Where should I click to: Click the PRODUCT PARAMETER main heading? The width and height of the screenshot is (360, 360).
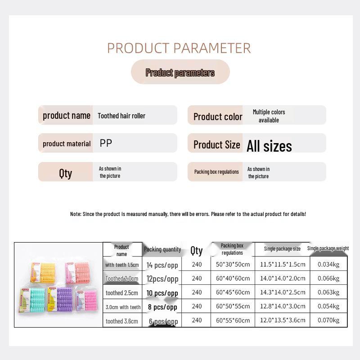point(179,48)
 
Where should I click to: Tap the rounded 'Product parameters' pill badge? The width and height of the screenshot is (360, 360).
point(180,72)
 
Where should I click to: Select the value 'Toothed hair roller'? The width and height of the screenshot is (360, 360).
point(121,116)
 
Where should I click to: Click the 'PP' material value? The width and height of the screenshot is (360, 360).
point(106,143)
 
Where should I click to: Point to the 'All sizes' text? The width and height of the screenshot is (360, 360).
point(269,146)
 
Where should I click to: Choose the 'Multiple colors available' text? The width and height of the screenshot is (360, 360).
point(269,116)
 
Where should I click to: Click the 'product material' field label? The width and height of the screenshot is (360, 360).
point(67,144)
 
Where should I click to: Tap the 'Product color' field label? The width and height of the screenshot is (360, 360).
point(218,117)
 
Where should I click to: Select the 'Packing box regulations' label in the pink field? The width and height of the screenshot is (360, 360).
point(216,172)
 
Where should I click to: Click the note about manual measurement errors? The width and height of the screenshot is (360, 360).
point(188,214)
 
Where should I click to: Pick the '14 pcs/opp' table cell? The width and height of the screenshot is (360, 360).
point(162,265)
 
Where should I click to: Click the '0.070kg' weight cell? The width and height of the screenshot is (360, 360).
point(328,320)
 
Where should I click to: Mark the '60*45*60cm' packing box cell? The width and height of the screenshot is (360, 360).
point(233,292)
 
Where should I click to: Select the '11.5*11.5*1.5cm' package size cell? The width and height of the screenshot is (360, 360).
point(283,264)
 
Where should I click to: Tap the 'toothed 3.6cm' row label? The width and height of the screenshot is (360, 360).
point(121,321)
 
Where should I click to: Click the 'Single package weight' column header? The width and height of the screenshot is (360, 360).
point(328,248)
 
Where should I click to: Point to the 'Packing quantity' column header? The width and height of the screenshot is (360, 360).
point(162,249)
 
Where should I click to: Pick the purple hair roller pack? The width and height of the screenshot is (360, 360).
point(60,299)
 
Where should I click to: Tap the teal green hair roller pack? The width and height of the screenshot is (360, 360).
point(32,300)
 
